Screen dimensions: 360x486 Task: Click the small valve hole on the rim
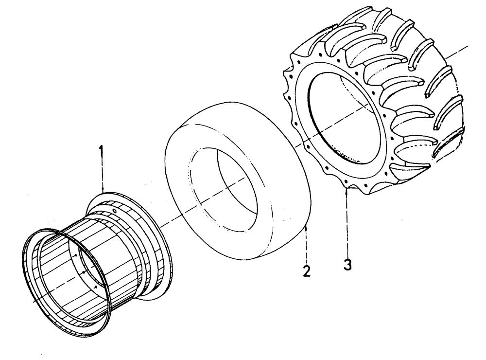click(114, 211)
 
